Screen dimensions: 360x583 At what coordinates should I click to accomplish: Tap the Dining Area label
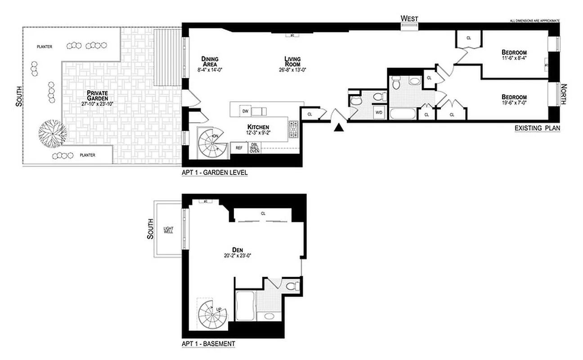click(x=210, y=62)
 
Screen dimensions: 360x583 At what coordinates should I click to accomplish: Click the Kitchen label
click(x=258, y=127)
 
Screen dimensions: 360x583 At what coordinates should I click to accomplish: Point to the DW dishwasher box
click(x=246, y=111)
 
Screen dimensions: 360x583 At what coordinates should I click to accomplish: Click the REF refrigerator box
click(x=239, y=148)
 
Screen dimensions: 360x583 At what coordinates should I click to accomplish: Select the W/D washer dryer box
click(x=379, y=112)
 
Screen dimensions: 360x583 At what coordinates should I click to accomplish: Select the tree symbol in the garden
click(x=52, y=133)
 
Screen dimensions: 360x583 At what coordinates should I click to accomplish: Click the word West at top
click(x=409, y=18)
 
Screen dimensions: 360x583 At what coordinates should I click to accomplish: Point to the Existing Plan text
click(x=537, y=129)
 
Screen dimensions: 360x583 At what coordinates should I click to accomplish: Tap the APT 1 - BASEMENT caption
click(x=208, y=344)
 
